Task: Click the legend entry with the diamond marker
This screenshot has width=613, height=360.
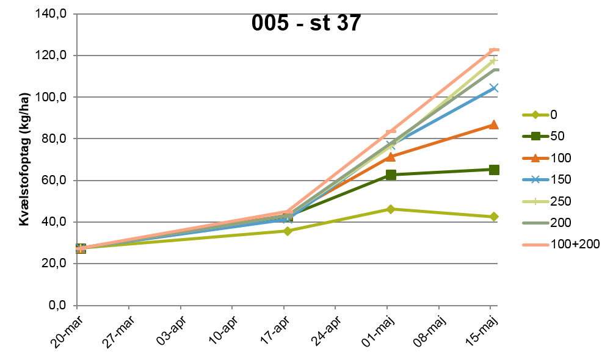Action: [535, 115]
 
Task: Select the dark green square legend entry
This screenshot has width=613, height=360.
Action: [535, 137]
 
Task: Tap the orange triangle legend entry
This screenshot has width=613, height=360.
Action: [535, 158]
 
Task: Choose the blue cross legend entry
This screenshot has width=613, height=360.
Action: [535, 179]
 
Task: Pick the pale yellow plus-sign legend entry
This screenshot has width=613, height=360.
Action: [535, 201]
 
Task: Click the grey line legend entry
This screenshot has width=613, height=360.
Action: [535, 223]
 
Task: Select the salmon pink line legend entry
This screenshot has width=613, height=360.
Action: [535, 245]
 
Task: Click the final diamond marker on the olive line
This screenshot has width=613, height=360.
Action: [493, 217]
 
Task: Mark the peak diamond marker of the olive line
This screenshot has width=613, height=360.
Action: [391, 209]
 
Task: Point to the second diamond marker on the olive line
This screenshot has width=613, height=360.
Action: [288, 231]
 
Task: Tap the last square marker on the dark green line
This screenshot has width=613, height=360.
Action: [494, 170]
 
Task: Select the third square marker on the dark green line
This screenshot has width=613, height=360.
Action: [391, 175]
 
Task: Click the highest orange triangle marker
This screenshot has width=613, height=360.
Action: [493, 124]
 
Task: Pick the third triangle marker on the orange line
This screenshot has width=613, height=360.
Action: [391, 157]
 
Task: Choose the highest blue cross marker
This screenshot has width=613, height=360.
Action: [493, 88]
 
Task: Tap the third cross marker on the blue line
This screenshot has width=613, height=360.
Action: [391, 145]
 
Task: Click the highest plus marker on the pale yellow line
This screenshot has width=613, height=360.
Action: [493, 60]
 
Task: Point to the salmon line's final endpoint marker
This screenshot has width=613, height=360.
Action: [495, 49]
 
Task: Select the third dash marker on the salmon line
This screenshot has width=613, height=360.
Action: [391, 131]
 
